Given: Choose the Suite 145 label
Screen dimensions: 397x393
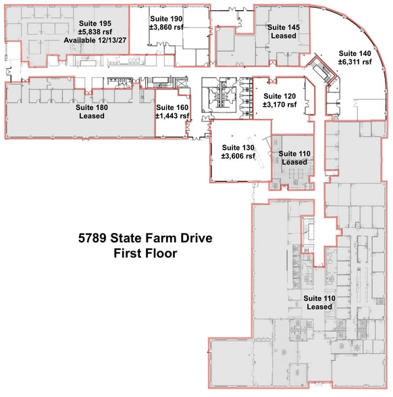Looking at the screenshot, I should coord(284,27).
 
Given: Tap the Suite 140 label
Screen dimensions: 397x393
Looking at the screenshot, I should coord(355,53).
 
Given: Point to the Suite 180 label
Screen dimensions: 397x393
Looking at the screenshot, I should coord(92,107).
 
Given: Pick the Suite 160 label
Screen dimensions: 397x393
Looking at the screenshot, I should coord(173,107).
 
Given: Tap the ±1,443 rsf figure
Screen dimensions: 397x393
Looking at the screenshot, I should coord(173,116).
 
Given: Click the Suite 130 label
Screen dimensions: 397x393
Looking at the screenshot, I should coord(238,147).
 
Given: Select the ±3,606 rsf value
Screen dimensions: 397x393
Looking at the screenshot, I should coord(238,157).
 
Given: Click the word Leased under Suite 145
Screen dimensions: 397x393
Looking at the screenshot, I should coord(284,36).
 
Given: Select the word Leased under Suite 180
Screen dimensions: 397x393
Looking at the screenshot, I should coord(92,116).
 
